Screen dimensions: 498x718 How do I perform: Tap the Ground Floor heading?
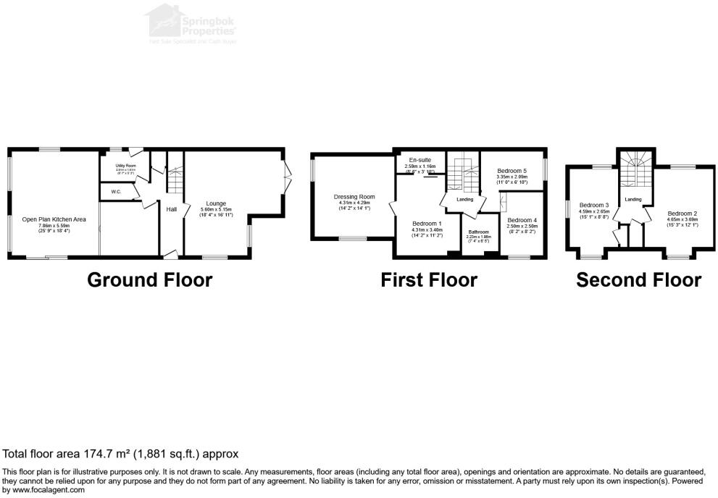(x=149, y=279)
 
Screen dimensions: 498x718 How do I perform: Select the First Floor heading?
(x=429, y=279)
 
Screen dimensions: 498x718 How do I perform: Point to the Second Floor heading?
(x=638, y=279)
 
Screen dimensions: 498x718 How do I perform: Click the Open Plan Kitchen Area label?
(x=54, y=219)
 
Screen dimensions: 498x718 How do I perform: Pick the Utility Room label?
(x=126, y=166)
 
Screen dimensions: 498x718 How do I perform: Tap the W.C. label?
(x=116, y=192)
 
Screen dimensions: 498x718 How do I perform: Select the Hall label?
(x=172, y=209)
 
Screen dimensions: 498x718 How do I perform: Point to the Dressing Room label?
(x=354, y=196)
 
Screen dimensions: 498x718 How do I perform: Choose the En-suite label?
(x=420, y=160)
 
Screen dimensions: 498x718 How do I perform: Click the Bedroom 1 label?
(x=427, y=224)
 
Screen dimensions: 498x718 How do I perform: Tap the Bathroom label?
(x=478, y=232)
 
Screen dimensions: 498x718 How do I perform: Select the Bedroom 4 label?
(x=522, y=220)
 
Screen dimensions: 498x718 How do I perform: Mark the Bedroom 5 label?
(x=511, y=170)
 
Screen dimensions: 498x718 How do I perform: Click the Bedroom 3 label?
(x=593, y=205)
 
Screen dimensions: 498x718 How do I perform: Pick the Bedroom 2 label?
(x=682, y=214)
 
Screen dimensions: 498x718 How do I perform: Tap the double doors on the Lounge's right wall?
(x=288, y=172)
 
